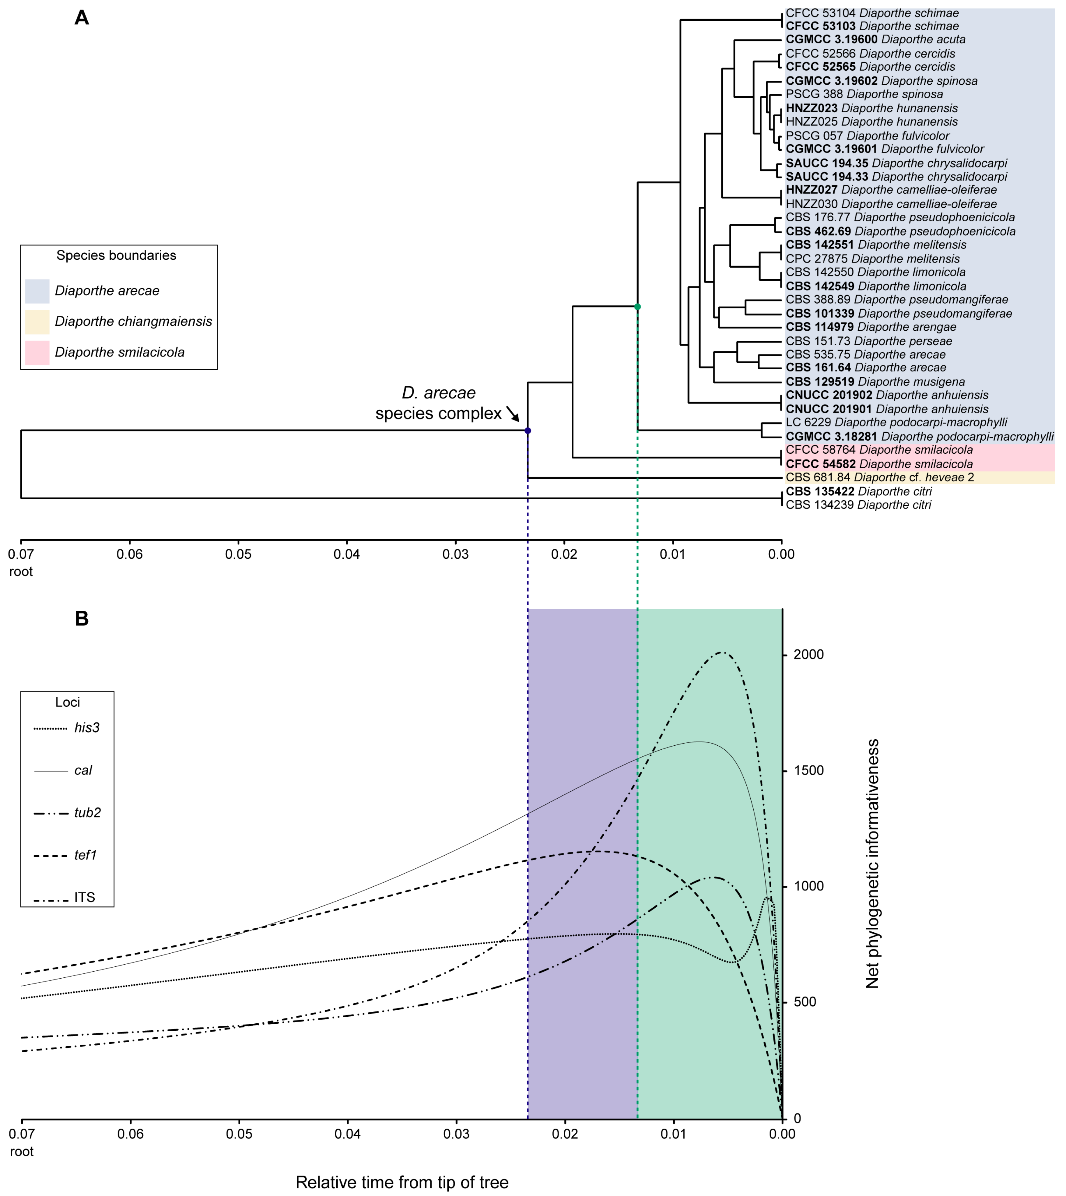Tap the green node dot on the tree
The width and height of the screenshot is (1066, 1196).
point(637,307)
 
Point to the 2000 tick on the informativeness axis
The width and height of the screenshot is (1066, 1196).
point(808,655)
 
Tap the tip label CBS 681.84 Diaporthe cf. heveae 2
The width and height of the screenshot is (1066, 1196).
point(880,478)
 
